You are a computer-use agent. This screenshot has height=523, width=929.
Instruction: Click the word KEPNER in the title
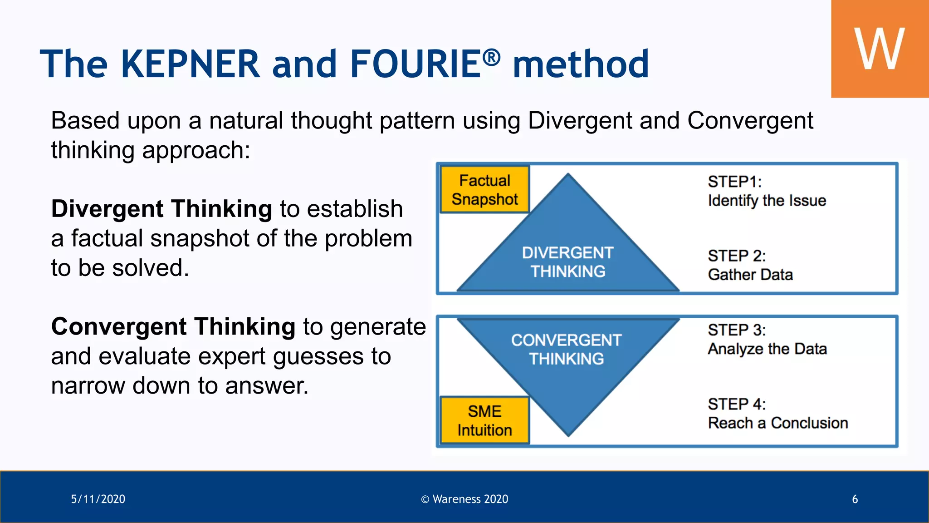click(x=190, y=64)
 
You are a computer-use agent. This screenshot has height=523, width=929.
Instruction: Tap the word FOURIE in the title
click(x=415, y=64)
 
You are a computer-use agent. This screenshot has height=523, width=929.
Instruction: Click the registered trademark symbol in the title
click(x=491, y=57)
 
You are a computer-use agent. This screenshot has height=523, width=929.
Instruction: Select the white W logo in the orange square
click(x=879, y=49)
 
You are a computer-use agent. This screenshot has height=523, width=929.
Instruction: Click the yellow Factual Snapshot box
click(x=484, y=190)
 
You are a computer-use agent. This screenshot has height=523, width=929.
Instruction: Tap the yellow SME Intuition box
click(x=484, y=420)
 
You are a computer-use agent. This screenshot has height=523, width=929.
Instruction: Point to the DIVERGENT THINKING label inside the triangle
click(x=567, y=262)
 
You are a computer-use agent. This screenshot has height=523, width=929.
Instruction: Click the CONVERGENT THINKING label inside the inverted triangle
click(x=566, y=349)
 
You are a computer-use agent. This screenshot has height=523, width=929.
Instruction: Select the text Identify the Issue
click(x=767, y=201)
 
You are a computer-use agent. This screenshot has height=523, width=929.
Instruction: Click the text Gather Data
click(x=750, y=275)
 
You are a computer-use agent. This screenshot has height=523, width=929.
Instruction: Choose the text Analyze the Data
click(x=767, y=349)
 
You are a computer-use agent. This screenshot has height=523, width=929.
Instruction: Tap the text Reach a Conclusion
click(x=777, y=423)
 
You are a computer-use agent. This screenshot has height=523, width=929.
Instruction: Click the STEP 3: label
click(x=736, y=330)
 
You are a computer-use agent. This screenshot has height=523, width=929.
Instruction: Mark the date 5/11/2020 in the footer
click(x=98, y=499)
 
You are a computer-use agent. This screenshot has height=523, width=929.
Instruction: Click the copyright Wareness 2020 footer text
click(x=464, y=499)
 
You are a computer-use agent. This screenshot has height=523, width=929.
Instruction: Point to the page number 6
click(x=855, y=499)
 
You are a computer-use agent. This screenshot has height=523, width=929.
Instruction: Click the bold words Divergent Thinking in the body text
click(x=161, y=209)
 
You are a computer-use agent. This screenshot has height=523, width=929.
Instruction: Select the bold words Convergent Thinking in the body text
click(x=173, y=326)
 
